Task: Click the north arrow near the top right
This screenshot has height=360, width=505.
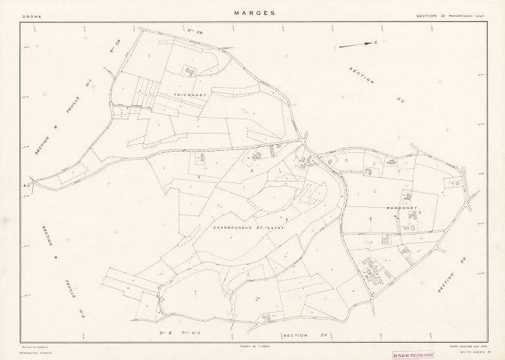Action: tap(357, 44)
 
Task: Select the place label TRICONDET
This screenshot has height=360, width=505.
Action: tap(189, 95)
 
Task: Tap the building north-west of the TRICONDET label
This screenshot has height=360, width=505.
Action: tap(189, 71)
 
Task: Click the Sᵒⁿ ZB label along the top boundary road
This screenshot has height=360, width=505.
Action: tap(196, 31)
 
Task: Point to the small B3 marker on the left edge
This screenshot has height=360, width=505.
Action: tap(26, 184)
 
